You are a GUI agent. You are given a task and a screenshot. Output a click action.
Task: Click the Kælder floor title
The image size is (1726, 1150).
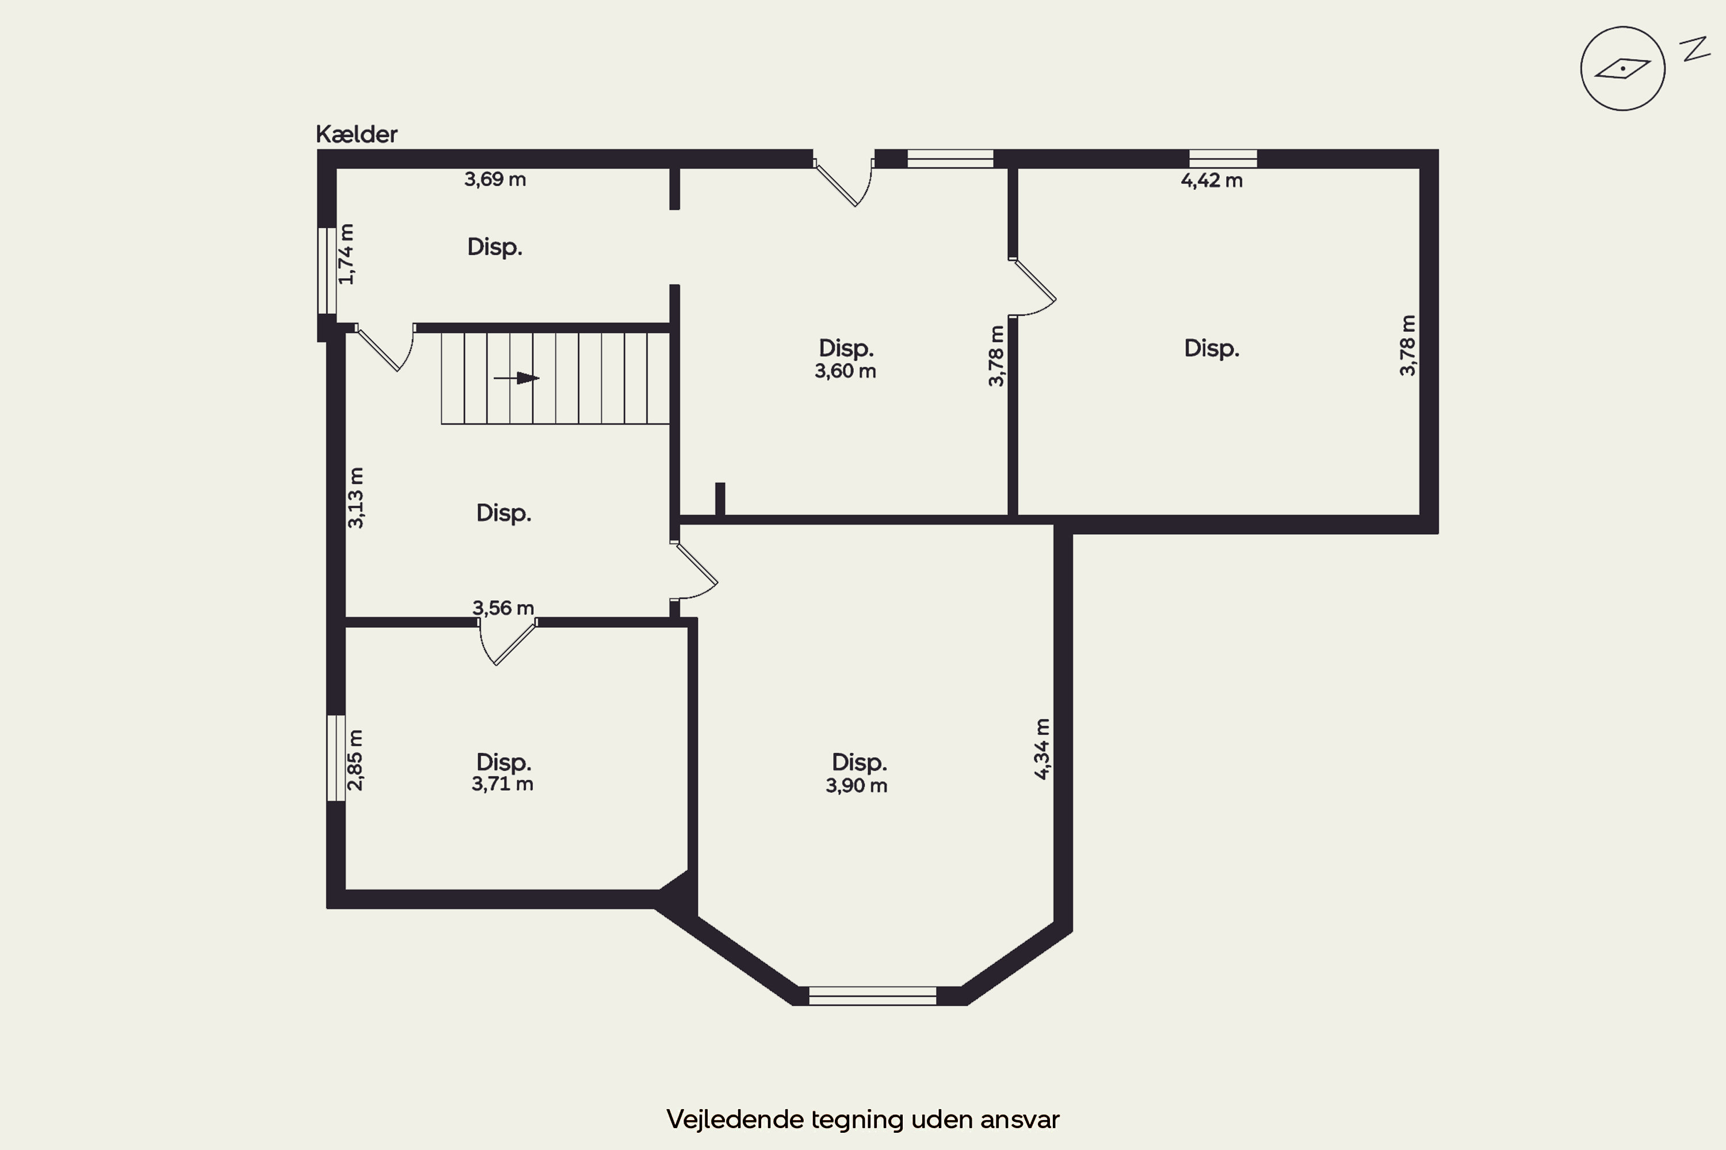(x=357, y=134)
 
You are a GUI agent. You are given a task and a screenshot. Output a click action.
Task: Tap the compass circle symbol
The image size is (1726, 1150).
(x=1622, y=69)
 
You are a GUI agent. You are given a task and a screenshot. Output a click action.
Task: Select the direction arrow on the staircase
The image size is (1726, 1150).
(x=517, y=378)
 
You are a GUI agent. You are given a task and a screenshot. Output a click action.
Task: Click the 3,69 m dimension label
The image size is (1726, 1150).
(x=495, y=179)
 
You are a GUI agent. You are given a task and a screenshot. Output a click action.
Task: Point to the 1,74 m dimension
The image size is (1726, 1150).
(x=346, y=254)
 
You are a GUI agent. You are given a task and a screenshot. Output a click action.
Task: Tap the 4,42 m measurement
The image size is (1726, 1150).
(x=1212, y=181)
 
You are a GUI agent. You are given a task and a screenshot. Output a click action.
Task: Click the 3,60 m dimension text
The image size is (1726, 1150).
(x=845, y=371)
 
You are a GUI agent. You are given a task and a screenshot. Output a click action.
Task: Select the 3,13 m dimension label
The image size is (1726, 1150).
(x=355, y=497)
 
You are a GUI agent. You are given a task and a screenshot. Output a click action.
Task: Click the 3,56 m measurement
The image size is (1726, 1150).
(x=503, y=608)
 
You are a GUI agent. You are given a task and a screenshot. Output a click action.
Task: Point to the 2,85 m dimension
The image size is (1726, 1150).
(x=355, y=760)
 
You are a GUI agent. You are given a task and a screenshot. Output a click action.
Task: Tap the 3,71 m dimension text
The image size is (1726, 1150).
(x=503, y=784)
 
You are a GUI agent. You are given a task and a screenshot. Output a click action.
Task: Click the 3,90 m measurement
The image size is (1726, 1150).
(x=857, y=786)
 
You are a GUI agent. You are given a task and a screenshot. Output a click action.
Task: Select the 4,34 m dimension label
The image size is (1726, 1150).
(x=1042, y=749)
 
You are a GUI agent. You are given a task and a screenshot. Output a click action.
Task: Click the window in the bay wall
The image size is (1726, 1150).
(x=873, y=996)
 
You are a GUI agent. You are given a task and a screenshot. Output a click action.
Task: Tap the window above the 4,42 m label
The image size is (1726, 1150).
(x=1223, y=159)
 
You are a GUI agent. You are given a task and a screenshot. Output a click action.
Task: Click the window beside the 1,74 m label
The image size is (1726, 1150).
(x=327, y=271)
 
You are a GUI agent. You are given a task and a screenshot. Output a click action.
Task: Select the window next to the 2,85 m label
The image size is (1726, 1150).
(x=335, y=758)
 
